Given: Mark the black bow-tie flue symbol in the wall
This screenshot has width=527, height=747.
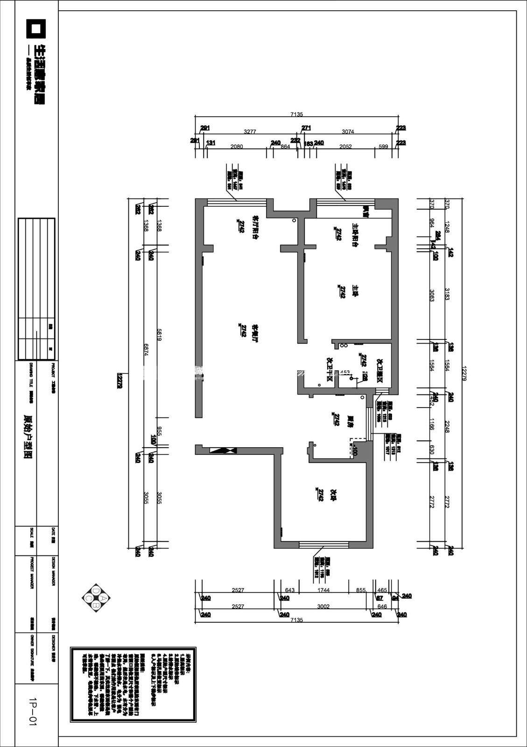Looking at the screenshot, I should tap(223, 451).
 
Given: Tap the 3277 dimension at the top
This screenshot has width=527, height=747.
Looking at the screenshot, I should tap(250, 132).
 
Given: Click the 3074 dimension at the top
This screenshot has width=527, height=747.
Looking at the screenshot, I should tap(348, 132).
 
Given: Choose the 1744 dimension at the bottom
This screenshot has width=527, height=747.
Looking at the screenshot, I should tap(323, 591).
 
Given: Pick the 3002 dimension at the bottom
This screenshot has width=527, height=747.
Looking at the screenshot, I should tap(323, 607).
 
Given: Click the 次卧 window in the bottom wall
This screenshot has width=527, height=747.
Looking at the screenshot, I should tap(323, 544).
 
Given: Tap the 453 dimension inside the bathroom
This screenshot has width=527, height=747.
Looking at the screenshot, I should tap(345, 373).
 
